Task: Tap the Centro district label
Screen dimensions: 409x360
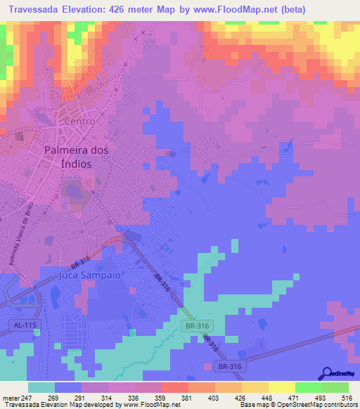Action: point(79,121)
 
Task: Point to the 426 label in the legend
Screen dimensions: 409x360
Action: point(241,397)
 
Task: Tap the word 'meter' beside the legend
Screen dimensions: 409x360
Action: point(9,397)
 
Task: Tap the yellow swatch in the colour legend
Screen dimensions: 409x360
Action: point(281,387)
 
